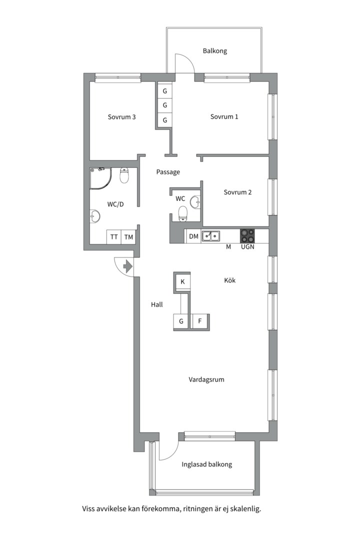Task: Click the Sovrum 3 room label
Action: point(121,116)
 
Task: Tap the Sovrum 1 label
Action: point(224,116)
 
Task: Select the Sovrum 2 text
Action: point(237,192)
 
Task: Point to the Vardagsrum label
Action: point(206,379)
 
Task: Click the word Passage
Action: point(168,172)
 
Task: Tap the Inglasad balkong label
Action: point(206,464)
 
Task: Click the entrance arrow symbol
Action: point(128,266)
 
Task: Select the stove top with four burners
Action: point(247,236)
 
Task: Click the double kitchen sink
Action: point(211,236)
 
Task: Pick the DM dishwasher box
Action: point(193,236)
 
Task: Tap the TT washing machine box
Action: point(114,237)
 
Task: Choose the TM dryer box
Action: point(128,237)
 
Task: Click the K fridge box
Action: point(182,281)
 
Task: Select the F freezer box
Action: point(199,321)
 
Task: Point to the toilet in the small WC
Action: point(182,213)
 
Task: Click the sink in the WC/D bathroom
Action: point(95,216)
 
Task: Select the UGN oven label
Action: point(247,246)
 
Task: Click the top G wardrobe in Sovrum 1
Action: point(165,91)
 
